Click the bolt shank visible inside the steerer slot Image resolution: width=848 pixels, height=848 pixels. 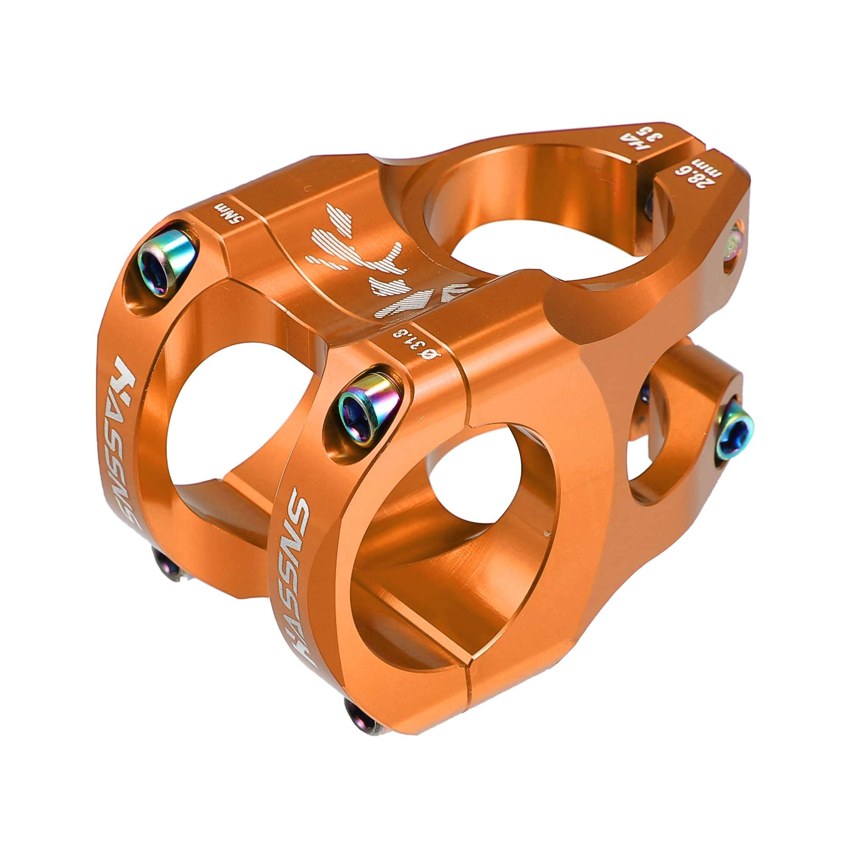[649, 204]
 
